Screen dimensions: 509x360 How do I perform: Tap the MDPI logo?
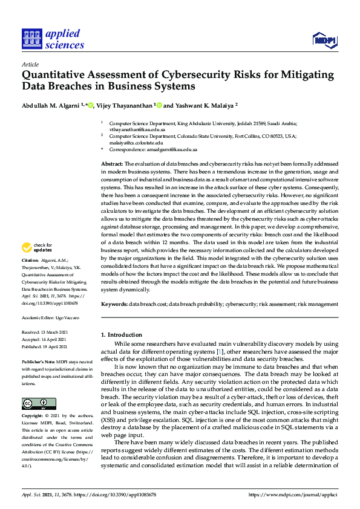(x=325, y=40)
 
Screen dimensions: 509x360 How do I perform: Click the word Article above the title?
(x=30, y=63)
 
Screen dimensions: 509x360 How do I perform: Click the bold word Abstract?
(x=111, y=164)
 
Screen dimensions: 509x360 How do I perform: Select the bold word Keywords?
(x=114, y=304)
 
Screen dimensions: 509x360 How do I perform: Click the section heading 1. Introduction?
(x=122, y=334)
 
